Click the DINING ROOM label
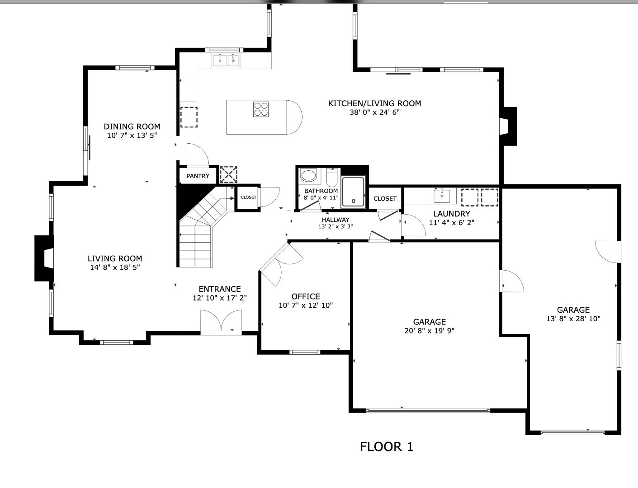point(132,127)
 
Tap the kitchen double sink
point(226,60)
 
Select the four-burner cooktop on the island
point(261,109)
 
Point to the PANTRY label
point(198,176)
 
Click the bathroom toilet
point(332,178)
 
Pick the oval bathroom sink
point(309,175)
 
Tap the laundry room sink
point(442,196)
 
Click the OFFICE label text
point(306,296)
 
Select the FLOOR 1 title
point(386,447)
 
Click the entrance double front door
point(221,322)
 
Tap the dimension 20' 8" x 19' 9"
point(429,331)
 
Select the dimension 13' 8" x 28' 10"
point(573,319)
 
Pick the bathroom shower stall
point(354,192)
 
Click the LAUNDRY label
point(451,214)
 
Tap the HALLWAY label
point(335,220)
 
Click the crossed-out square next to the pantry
point(228,174)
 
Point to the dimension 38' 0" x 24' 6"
point(374,112)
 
